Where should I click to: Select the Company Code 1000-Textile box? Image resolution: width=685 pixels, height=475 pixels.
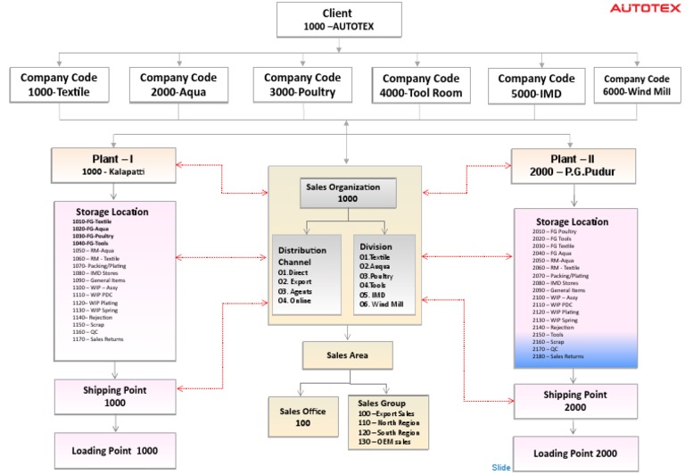click(x=61, y=85)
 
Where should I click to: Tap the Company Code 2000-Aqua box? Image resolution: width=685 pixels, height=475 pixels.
click(x=178, y=85)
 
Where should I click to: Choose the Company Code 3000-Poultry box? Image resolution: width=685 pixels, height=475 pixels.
click(x=302, y=85)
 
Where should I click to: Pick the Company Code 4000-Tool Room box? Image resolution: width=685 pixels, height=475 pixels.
click(x=421, y=86)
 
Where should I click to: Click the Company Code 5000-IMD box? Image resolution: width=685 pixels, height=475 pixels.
click(x=536, y=86)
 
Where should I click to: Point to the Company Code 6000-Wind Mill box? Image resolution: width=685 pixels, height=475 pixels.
click(x=639, y=86)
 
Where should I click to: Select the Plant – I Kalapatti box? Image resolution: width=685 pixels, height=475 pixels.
click(x=114, y=164)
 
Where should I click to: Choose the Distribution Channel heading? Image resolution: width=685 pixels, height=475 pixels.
click(x=301, y=256)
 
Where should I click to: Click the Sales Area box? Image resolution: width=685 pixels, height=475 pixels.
click(x=347, y=355)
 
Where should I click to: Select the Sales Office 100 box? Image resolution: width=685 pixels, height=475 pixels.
click(x=301, y=417)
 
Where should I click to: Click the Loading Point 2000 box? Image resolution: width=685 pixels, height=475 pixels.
click(x=575, y=453)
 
